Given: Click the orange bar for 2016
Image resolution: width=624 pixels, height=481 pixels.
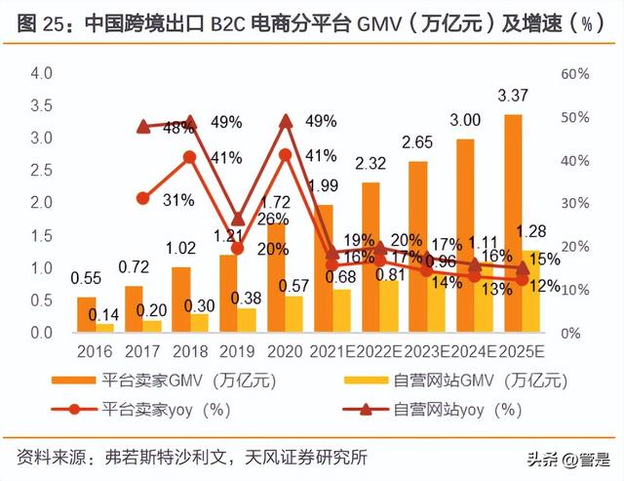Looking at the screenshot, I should coord(87,314).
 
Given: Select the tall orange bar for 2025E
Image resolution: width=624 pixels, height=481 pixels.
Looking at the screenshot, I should coord(513,223).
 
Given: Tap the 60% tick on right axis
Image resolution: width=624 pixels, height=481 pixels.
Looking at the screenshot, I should coord(574,74).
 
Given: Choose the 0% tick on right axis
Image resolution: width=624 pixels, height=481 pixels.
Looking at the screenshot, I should coord(570,333).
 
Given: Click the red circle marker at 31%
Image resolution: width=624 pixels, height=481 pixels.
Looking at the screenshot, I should coord(143,198).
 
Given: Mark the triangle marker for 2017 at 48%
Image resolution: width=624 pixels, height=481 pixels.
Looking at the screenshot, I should coord(143,126).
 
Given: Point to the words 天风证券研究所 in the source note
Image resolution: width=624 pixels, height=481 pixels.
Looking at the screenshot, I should coord(313,456).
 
